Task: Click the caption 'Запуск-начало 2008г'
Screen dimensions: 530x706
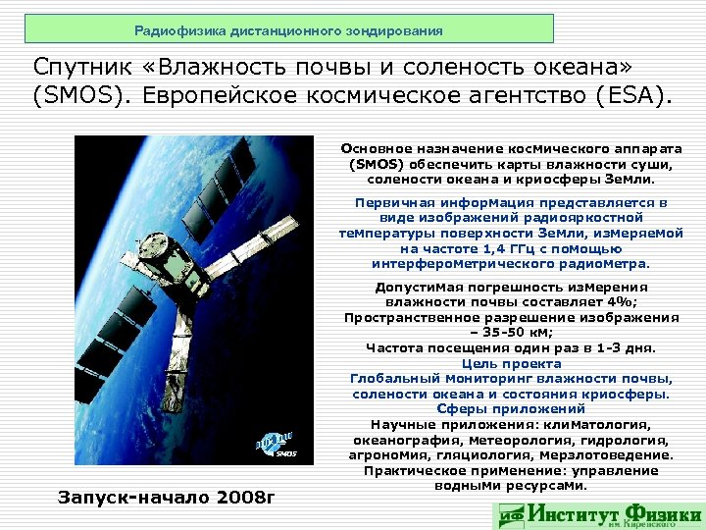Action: click(x=161, y=497)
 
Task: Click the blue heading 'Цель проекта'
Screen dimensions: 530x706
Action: click(x=510, y=363)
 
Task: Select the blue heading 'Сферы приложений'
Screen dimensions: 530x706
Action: click(x=510, y=408)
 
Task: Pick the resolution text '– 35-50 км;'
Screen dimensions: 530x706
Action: click(x=510, y=333)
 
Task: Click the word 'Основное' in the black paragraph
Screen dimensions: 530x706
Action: click(x=378, y=147)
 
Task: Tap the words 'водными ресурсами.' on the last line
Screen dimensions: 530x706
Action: click(x=510, y=485)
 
